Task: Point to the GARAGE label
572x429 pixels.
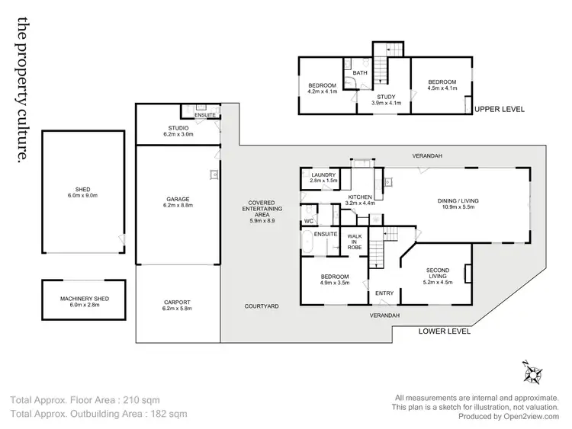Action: click(x=178, y=199)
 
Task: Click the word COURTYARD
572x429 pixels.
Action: click(x=262, y=306)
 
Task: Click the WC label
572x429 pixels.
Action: click(x=309, y=221)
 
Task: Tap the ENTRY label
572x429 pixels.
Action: click(x=384, y=293)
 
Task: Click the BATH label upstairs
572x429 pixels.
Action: click(x=361, y=72)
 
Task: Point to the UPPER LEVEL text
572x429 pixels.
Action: click(x=500, y=110)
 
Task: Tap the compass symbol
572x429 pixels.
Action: click(x=532, y=373)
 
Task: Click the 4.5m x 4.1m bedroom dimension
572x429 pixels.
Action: click(x=442, y=88)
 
